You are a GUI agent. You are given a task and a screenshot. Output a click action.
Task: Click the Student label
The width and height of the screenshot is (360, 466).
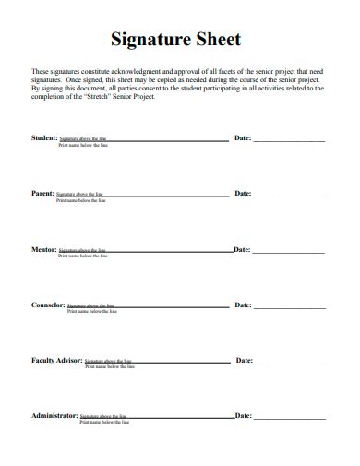click(44, 137)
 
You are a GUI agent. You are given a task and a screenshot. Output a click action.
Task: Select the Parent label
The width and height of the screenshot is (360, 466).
click(42, 194)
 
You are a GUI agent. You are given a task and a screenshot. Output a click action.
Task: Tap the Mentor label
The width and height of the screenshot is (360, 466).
click(44, 249)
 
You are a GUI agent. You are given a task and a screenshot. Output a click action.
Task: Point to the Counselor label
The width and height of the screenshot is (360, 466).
click(48, 305)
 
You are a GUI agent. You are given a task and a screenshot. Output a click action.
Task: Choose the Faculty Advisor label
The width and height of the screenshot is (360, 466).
click(57, 360)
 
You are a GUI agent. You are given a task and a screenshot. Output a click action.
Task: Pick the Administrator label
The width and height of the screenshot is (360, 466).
click(54, 415)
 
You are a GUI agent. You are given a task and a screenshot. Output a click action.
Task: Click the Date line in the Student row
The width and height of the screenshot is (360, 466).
click(289, 140)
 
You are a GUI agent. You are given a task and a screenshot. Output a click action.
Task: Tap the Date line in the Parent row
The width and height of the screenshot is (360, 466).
click(289, 197)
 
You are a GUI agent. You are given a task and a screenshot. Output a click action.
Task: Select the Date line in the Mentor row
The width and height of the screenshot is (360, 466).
click(289, 252)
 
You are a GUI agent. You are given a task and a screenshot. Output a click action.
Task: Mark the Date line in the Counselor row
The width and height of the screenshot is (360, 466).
click(289, 307)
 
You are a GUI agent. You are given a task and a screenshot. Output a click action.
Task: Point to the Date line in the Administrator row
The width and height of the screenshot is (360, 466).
click(289, 418)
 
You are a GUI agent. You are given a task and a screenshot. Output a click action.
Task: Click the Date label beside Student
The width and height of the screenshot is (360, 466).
click(243, 137)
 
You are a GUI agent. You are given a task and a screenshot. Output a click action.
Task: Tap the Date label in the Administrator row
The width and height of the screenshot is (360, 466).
click(243, 415)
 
